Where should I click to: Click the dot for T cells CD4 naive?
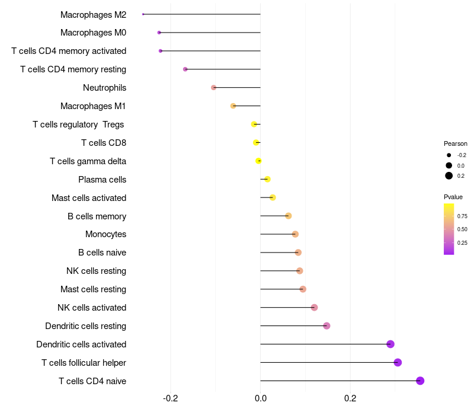(420, 381)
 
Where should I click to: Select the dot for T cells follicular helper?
(398, 362)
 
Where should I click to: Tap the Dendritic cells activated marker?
(390, 344)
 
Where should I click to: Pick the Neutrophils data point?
(214, 88)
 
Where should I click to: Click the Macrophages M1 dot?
(233, 106)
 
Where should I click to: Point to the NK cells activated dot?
(315, 307)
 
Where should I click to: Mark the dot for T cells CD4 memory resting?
(185, 69)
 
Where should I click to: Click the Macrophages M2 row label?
(93, 14)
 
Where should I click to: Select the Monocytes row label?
(105, 234)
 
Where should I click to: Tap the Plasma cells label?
(102, 180)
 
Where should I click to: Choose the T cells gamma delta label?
(88, 161)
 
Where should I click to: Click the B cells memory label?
(97, 216)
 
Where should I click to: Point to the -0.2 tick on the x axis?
(171, 397)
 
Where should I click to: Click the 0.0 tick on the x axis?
(261, 397)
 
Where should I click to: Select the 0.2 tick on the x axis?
(350, 397)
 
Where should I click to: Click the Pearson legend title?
(456, 143)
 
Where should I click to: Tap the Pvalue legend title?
(453, 197)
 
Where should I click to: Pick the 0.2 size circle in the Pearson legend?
(449, 175)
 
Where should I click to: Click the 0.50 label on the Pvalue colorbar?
(462, 229)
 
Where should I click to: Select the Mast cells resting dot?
(303, 289)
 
